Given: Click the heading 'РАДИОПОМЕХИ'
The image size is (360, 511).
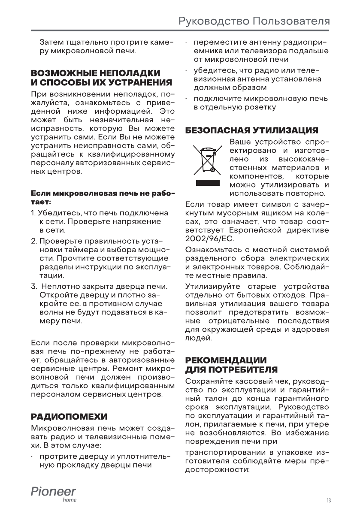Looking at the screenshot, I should [x=69, y=417].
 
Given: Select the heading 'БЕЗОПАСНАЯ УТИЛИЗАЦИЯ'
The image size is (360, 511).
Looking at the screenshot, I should [x=251, y=130].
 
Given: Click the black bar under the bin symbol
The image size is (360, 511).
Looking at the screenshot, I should [x=208, y=183].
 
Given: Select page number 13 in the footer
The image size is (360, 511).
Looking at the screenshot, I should [x=328, y=500].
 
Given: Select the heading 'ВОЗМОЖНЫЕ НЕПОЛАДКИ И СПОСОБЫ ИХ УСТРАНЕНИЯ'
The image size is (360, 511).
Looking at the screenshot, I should [x=96, y=77].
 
